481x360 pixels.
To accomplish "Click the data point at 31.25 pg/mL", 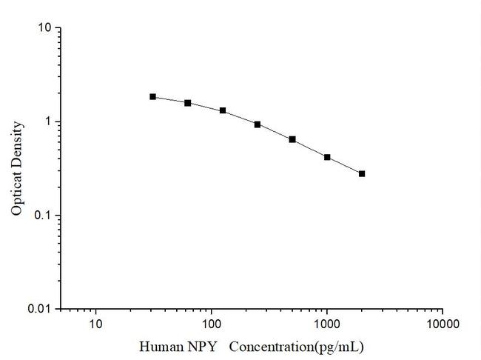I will [153, 96].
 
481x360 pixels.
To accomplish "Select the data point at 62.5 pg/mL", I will [188, 103].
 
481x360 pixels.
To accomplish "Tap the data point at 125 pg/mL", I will [223, 110].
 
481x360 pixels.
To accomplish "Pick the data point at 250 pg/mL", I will [258, 124].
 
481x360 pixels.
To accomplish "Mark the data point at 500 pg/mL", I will [292, 139].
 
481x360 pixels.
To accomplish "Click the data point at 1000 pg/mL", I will [327, 157].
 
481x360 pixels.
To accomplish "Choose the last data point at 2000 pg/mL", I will [362, 173].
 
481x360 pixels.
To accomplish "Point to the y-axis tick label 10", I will [45, 28].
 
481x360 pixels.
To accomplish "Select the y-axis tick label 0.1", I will [44, 216].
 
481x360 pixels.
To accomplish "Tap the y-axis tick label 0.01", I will [41, 309].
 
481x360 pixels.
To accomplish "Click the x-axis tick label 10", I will [95, 324].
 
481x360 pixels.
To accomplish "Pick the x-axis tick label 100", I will [212, 324].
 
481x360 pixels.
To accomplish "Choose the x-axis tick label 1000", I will [327, 324].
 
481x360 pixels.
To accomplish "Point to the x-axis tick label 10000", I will [442, 324].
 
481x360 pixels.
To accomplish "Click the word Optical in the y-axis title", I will [17, 193].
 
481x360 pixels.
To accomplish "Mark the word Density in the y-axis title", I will [17, 144].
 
